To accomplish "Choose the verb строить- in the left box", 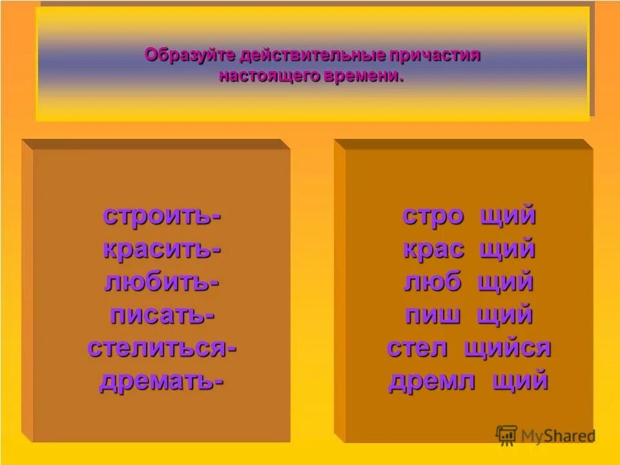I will (x=161, y=216).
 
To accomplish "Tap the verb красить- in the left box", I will (x=161, y=249).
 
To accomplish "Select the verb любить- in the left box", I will (x=161, y=282).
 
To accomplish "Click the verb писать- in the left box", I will (x=161, y=316).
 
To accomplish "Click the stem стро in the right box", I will (x=433, y=216).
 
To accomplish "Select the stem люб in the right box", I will (x=432, y=282).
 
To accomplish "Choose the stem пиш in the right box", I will (x=433, y=316).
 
